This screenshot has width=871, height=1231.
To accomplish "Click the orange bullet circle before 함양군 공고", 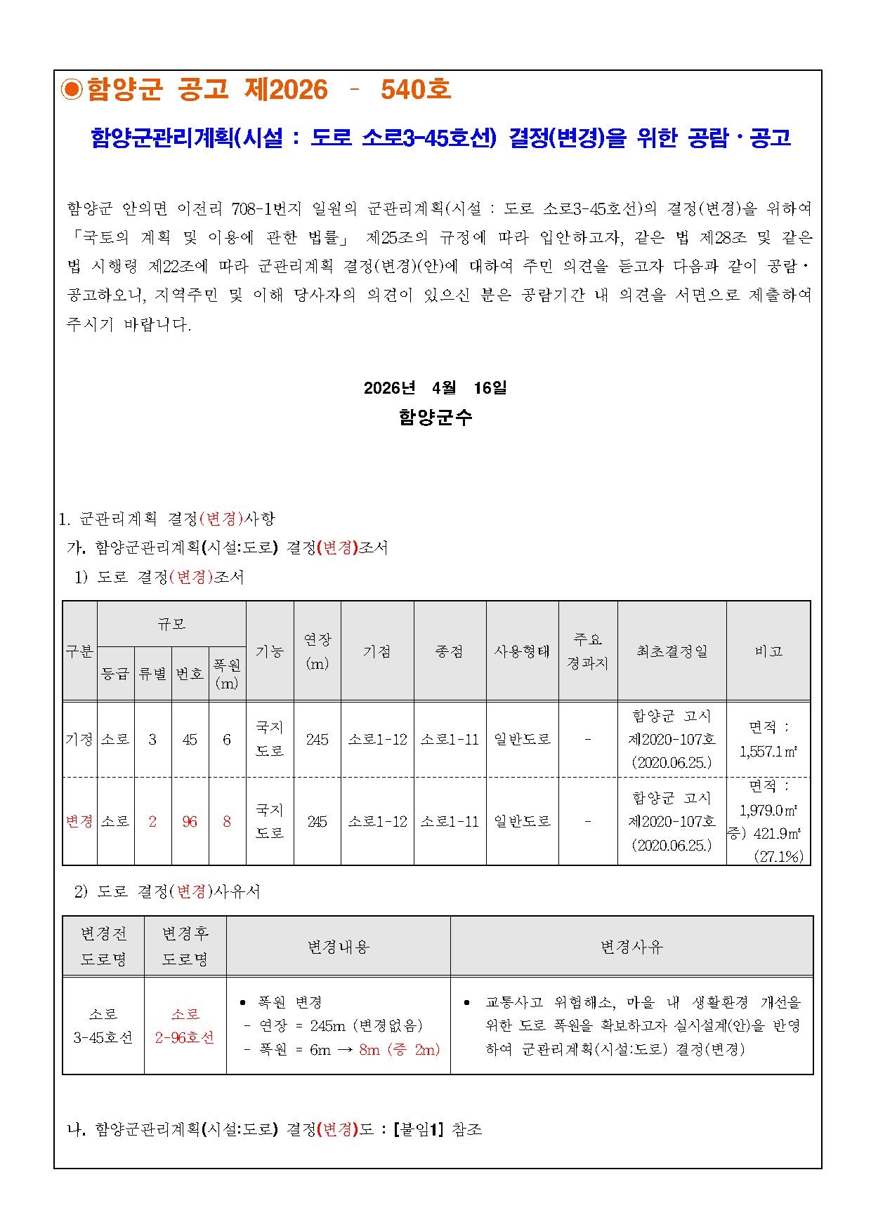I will click(72, 89).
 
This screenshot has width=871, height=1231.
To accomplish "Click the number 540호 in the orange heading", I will click(415, 89).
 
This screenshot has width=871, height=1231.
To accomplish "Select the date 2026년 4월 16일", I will click(435, 387).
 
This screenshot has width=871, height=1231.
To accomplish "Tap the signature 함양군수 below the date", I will click(435, 417).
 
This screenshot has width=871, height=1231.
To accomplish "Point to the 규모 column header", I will click(171, 623).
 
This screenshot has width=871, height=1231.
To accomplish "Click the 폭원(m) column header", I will click(227, 674).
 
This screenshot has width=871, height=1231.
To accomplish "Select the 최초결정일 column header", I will click(672, 651).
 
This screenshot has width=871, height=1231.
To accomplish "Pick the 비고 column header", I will click(768, 651).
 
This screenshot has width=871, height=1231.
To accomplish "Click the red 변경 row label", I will click(79, 821).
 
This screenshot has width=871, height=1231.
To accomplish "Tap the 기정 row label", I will click(79, 739).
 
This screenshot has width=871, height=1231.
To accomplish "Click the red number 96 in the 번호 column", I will click(190, 821).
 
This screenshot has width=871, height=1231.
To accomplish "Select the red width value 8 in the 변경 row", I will click(227, 821).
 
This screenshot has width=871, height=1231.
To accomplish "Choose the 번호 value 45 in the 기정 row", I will click(190, 739).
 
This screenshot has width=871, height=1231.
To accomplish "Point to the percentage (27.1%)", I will click(778, 856).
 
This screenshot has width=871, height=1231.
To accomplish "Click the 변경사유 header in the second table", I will click(631, 947).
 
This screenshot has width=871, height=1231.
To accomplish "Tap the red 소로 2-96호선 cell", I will click(185, 1025).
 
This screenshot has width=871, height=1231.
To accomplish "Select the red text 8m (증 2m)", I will click(399, 1049).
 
